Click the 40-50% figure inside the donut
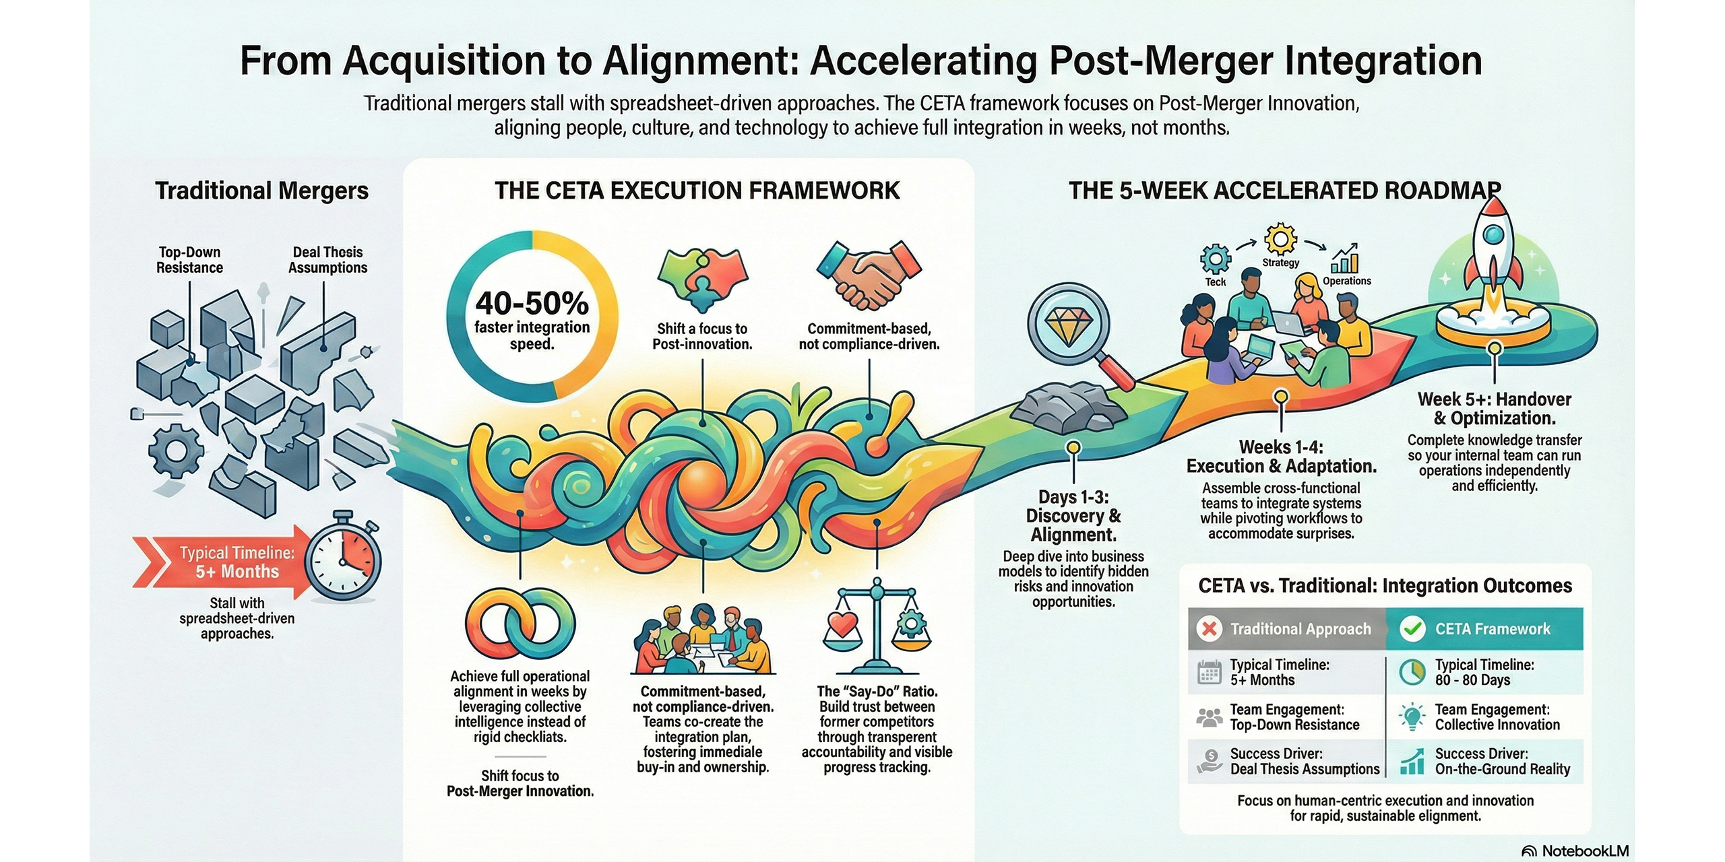(532, 304)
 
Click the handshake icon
(869, 276)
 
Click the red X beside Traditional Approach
(1210, 629)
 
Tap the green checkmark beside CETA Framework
(1412, 629)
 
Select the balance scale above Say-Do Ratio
(877, 626)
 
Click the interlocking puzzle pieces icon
(701, 277)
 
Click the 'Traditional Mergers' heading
(261, 191)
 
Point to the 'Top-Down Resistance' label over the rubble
(189, 260)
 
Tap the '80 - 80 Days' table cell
(1472, 680)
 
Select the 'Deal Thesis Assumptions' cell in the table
(1305, 768)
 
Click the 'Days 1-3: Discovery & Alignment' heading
(1073, 516)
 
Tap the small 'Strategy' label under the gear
(1280, 263)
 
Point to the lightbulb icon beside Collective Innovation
(1411, 717)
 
